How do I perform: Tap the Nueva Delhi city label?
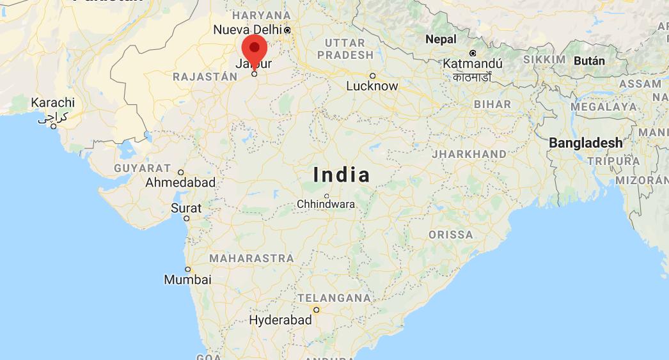click(248, 29)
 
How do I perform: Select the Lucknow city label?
click(372, 86)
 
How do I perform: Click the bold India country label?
click(342, 175)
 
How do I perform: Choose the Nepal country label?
click(441, 39)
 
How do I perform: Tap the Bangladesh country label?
click(585, 143)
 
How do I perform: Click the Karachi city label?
click(53, 102)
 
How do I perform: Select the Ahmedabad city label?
click(180, 182)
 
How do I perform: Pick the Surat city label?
click(186, 208)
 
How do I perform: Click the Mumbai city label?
click(187, 279)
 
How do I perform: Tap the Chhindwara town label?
click(326, 205)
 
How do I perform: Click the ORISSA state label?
click(452, 235)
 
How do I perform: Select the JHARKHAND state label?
click(469, 154)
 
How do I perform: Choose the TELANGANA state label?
click(334, 298)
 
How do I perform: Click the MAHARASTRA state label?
click(251, 258)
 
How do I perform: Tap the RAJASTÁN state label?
click(205, 77)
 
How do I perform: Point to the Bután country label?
click(590, 61)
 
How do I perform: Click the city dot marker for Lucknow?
click(372, 75)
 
